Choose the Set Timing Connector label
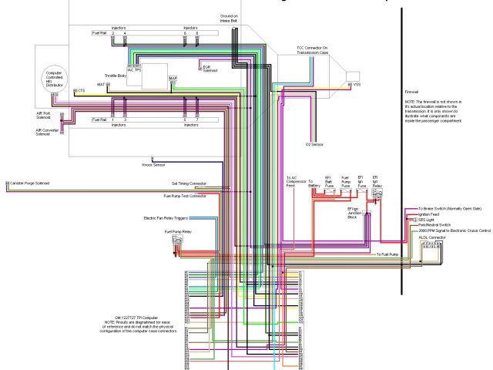[188, 183]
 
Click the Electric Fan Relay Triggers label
[166, 218]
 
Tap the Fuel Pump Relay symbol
[178, 242]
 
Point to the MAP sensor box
[173, 79]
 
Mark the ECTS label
[79, 90]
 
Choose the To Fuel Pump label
[387, 254]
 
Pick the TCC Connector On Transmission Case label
[312, 50]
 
